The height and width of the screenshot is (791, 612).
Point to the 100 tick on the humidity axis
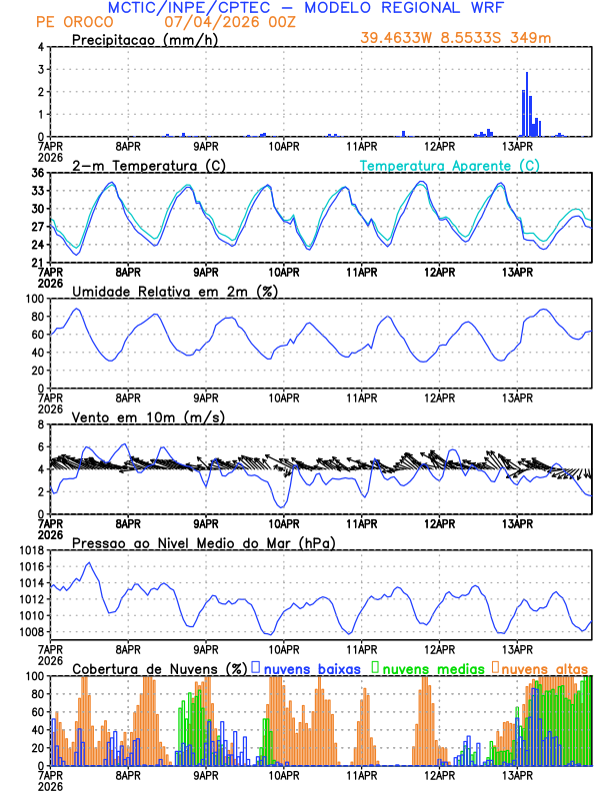coord(32,299)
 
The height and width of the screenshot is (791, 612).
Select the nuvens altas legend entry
coord(544,667)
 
